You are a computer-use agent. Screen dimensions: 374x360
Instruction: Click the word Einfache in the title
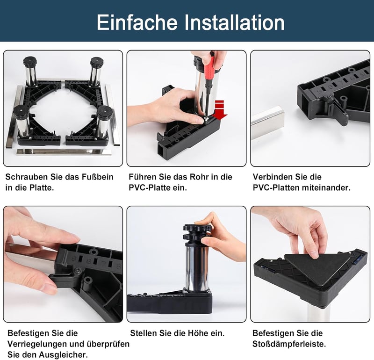tap(137, 22)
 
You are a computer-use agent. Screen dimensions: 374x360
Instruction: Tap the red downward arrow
tap(219, 110)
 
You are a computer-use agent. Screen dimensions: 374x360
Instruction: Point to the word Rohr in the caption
tap(199, 177)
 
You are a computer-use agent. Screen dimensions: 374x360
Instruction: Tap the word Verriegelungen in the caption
tap(36, 344)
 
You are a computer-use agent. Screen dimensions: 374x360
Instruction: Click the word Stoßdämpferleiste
tap(289, 344)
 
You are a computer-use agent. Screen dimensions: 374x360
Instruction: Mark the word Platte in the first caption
tap(42, 187)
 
